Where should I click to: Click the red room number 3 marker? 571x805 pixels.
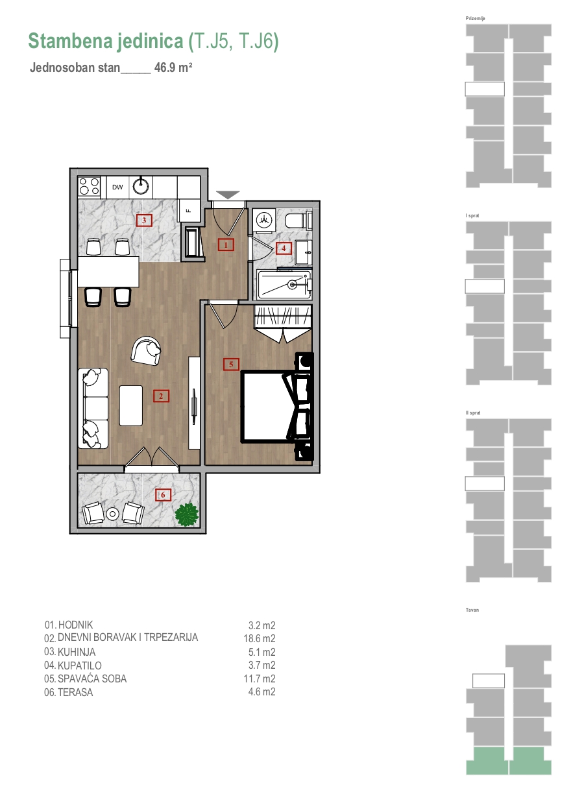pyautogui.click(x=144, y=220)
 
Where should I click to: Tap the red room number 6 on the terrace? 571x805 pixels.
pyautogui.click(x=163, y=495)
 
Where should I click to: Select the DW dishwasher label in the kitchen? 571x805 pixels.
pyautogui.click(x=117, y=187)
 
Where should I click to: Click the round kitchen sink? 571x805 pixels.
pyautogui.click(x=141, y=186)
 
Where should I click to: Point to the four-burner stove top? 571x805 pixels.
pyautogui.click(x=89, y=187)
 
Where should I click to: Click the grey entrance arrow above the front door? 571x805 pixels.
pyautogui.click(x=228, y=195)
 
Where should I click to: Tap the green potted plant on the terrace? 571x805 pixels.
pyautogui.click(x=187, y=514)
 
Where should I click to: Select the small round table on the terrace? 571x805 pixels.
pyautogui.click(x=113, y=514)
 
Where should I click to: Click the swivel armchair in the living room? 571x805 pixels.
pyautogui.click(x=147, y=351)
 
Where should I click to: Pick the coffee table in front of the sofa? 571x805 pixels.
pyautogui.click(x=131, y=405)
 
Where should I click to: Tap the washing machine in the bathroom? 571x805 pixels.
pyautogui.click(x=264, y=220)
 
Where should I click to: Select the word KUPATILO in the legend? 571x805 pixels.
pyautogui.click(x=79, y=666)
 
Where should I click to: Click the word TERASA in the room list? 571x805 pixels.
pyautogui.click(x=75, y=692)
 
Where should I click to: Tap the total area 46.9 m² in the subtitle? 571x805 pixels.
pyautogui.click(x=173, y=67)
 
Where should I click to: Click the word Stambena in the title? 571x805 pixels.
pyautogui.click(x=70, y=41)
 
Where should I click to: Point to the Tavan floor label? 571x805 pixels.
pyautogui.click(x=472, y=610)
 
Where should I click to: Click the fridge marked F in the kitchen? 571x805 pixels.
pyautogui.click(x=189, y=211)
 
